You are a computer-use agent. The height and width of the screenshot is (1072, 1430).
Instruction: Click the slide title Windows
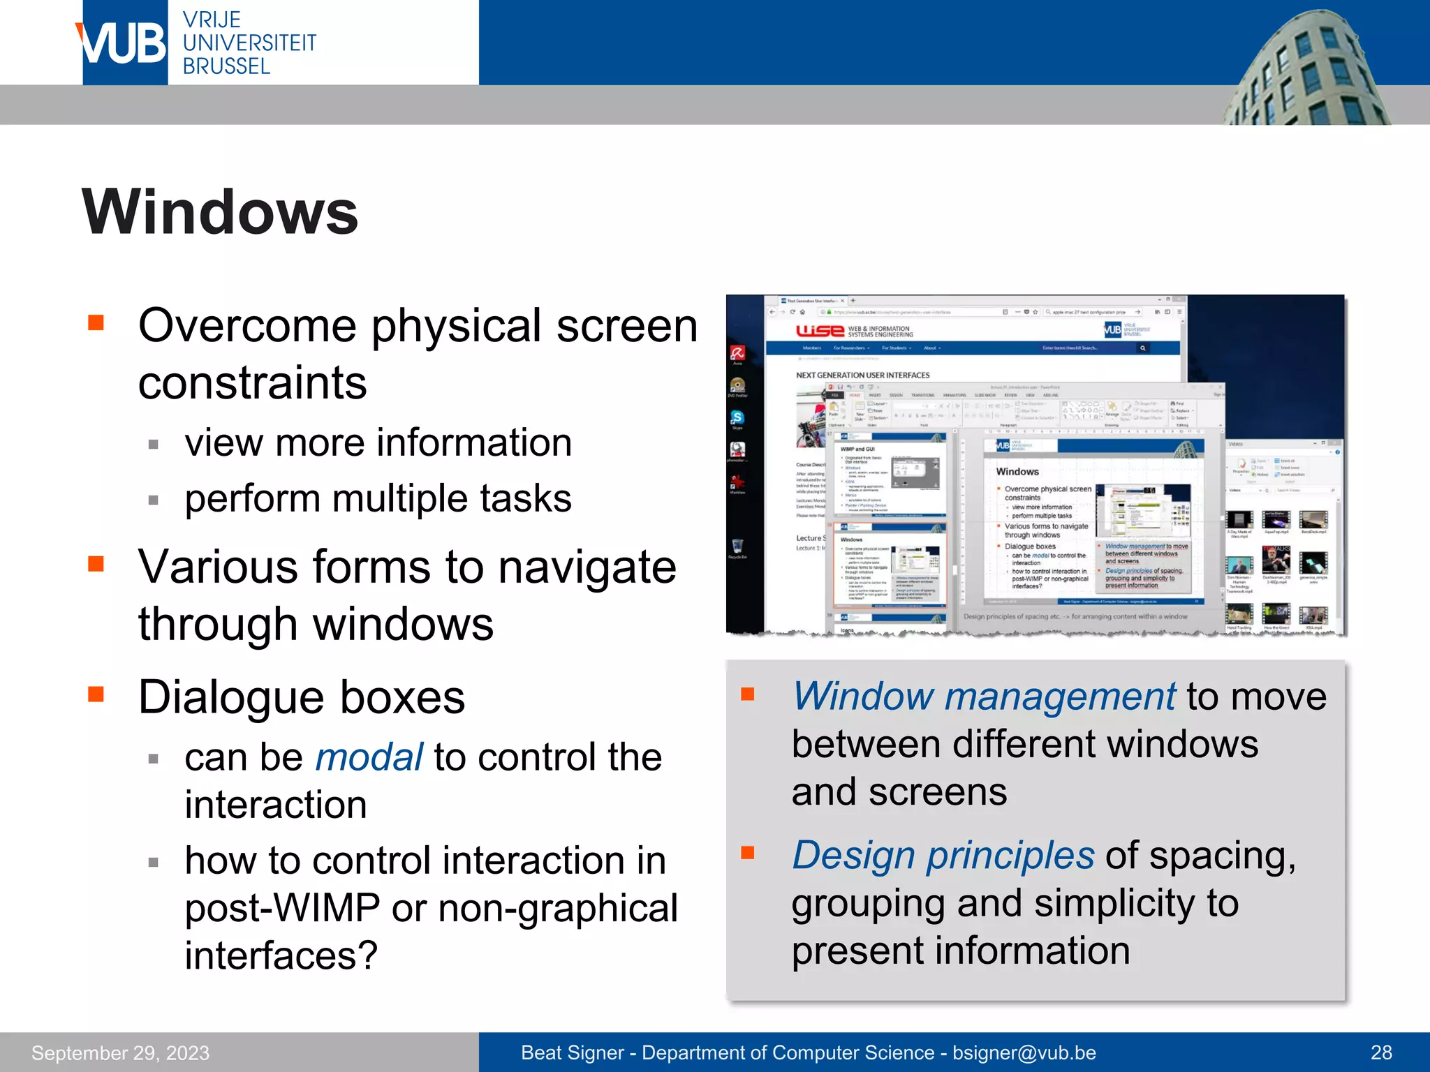tap(220, 212)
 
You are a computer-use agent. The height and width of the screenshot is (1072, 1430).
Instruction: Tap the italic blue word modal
tap(369, 757)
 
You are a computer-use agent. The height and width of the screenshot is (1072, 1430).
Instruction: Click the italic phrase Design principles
tap(943, 855)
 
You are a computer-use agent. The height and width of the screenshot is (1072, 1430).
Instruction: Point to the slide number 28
tap(1380, 1052)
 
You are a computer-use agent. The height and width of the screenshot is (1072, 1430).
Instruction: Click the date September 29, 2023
tap(120, 1052)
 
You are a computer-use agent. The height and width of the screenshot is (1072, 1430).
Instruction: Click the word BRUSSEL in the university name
tap(226, 66)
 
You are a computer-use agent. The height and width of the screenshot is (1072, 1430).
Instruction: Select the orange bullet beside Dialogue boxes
tap(96, 694)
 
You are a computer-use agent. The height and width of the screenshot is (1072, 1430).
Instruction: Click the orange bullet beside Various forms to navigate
tap(96, 563)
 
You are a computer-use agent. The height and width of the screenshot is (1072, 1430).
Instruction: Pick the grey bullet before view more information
tap(154, 445)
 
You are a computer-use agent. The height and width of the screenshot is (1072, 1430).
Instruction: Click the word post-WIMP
tap(282, 908)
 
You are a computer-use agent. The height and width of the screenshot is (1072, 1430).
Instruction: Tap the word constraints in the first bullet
tap(252, 383)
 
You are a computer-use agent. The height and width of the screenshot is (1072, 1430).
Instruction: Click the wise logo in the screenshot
tap(820, 331)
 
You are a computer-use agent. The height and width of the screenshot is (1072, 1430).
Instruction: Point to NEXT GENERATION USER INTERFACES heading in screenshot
tap(862, 375)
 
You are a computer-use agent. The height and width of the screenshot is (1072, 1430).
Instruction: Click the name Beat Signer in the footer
tap(572, 1052)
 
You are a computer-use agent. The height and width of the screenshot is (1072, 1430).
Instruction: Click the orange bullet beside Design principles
tap(748, 852)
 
